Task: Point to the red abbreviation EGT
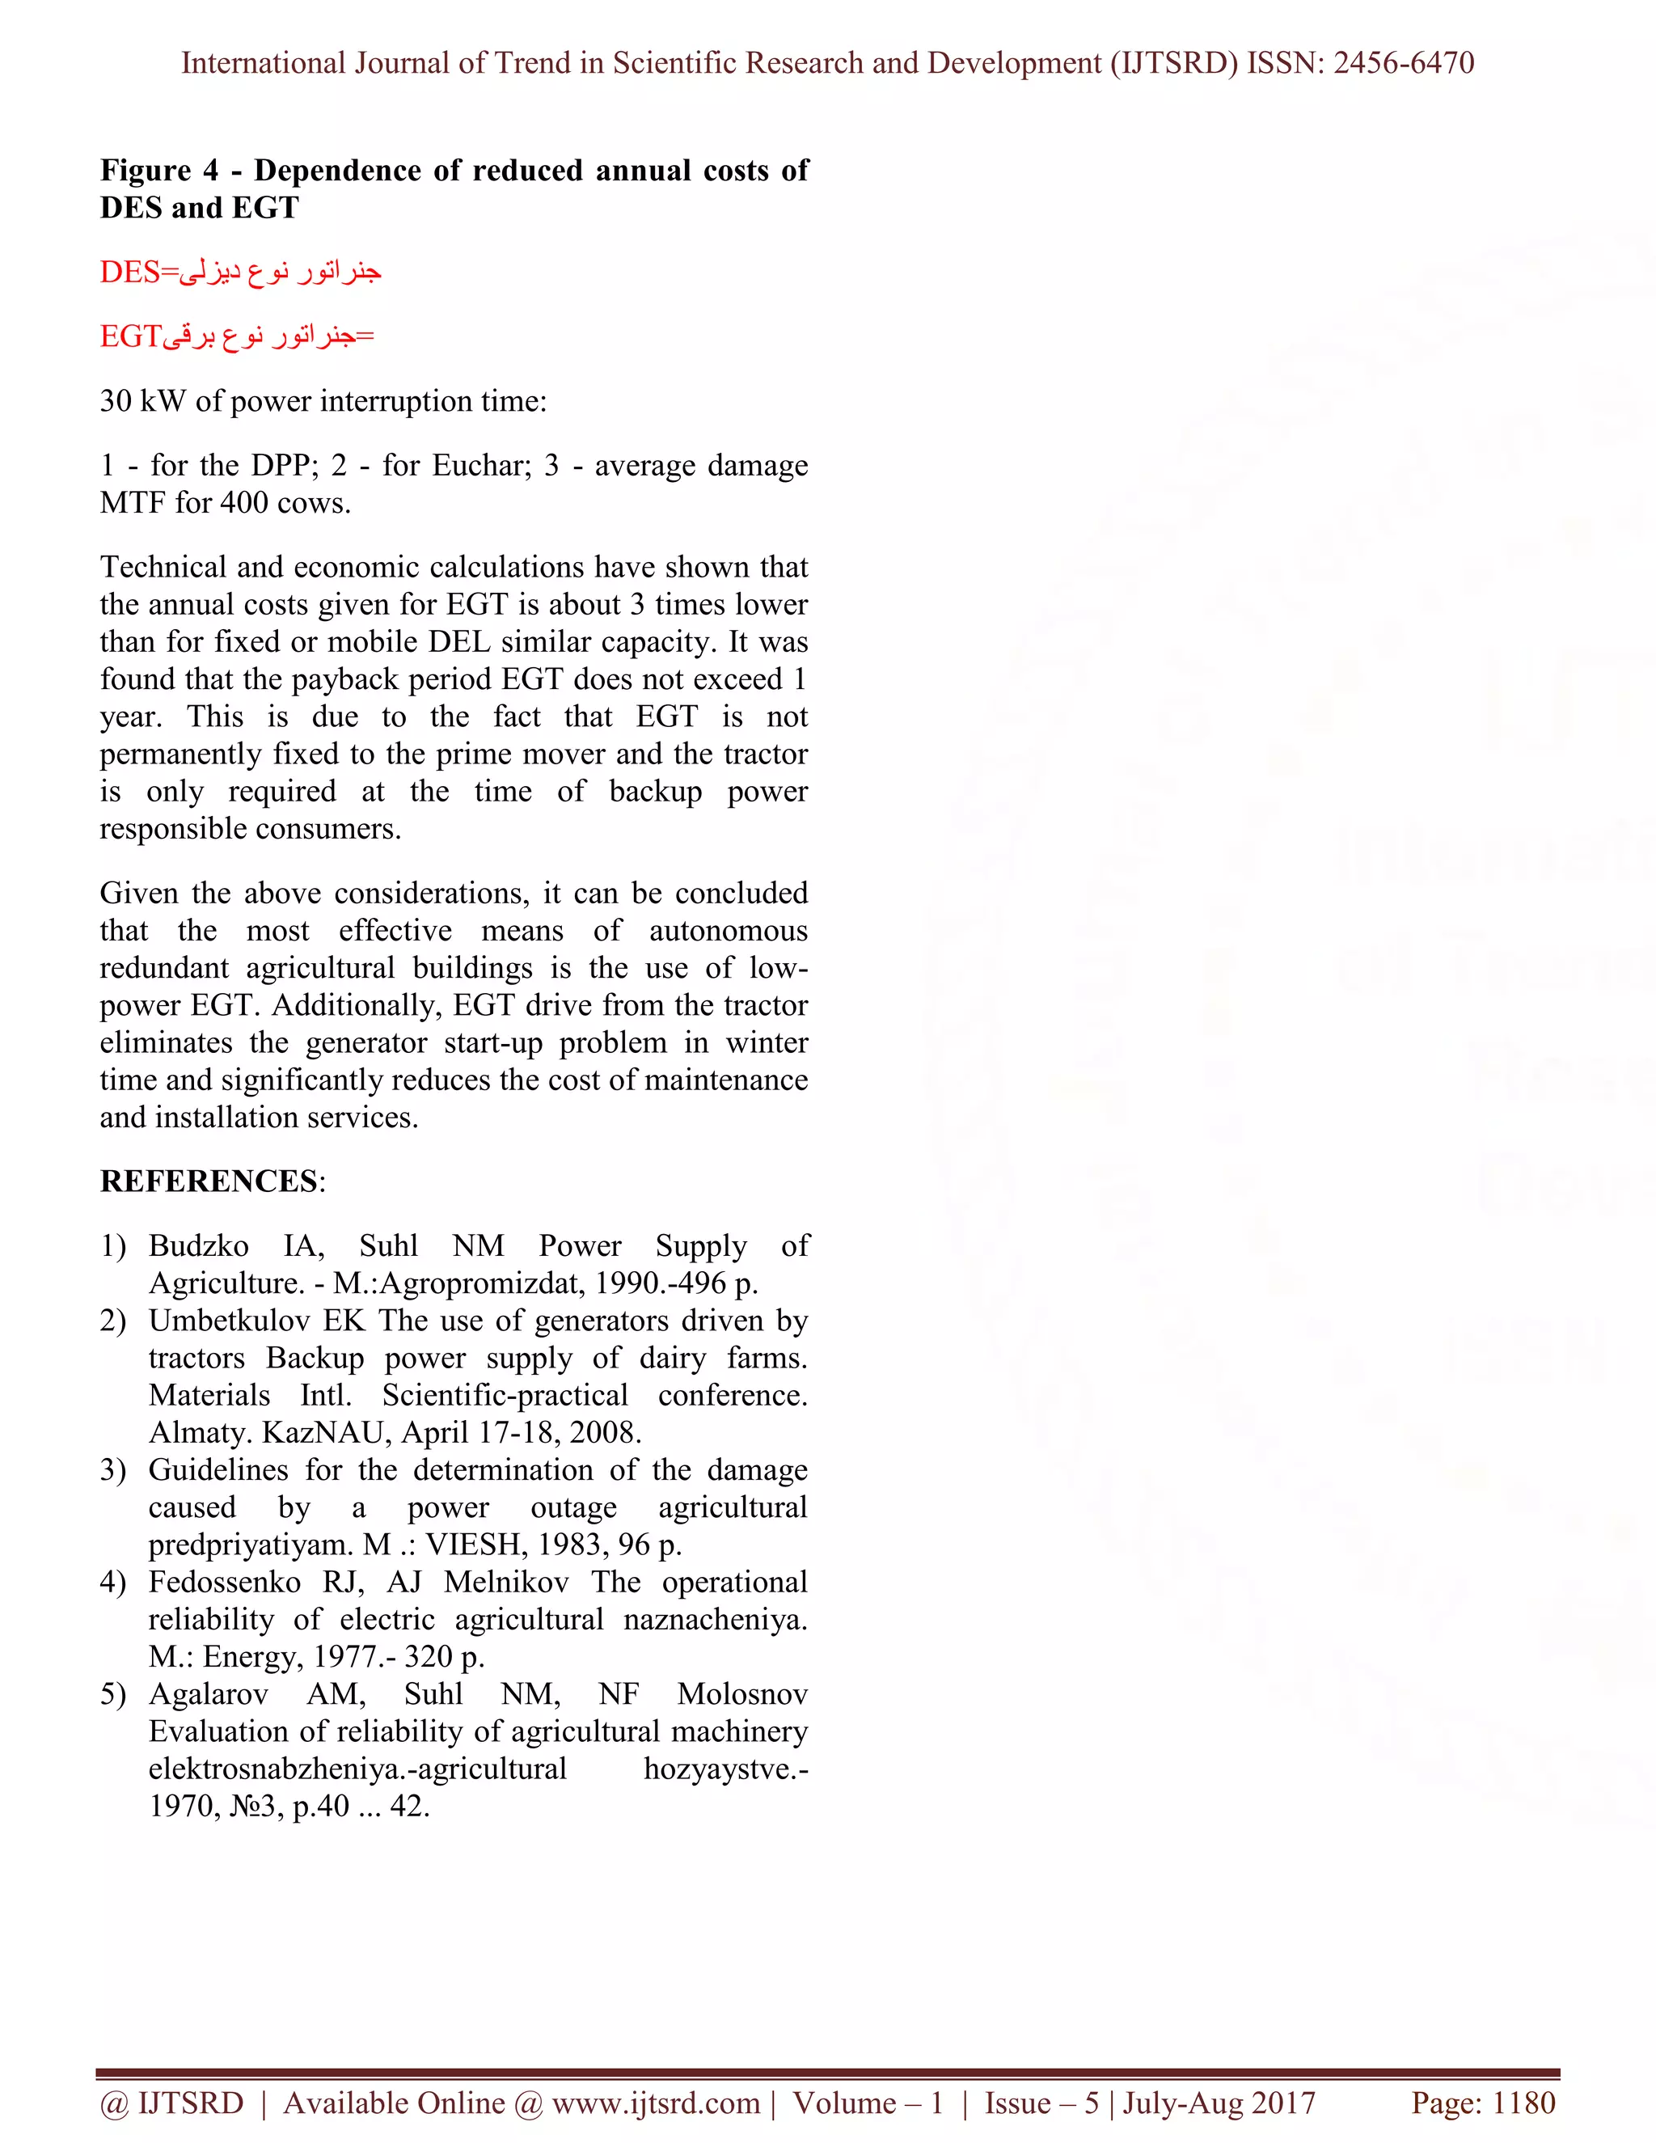pos(129,336)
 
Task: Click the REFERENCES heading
pos(209,1181)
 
